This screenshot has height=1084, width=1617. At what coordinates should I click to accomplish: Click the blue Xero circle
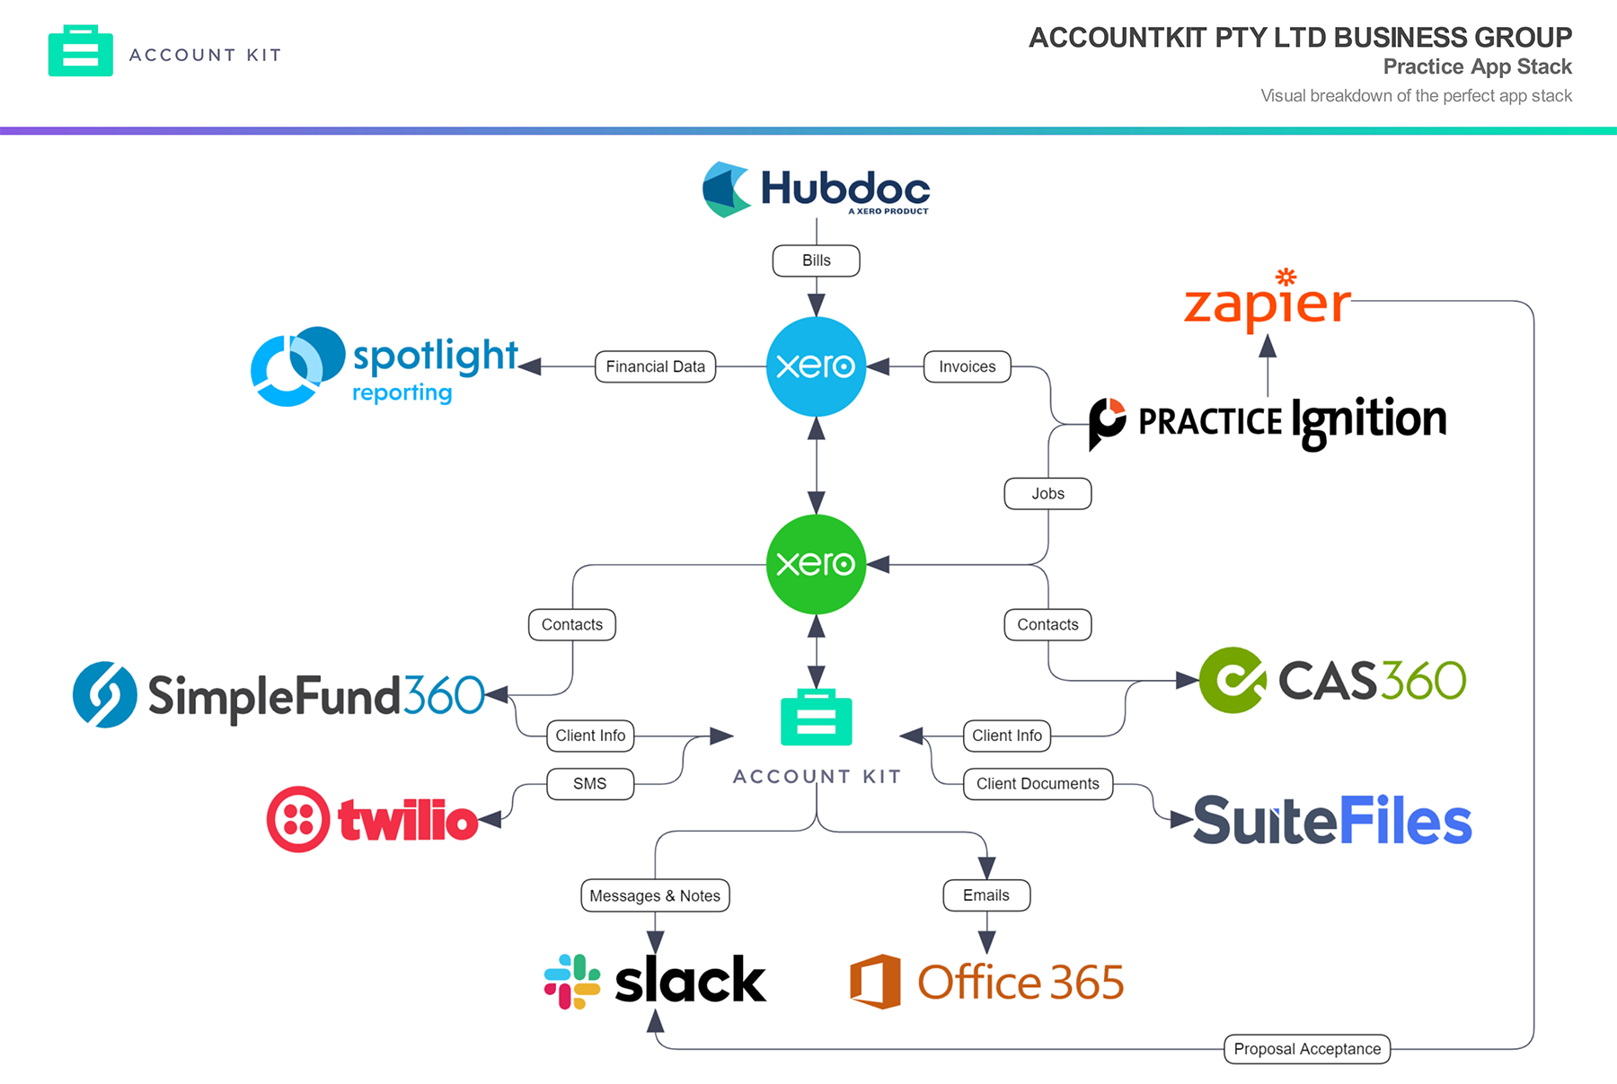coord(816,366)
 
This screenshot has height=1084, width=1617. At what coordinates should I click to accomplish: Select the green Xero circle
coord(816,564)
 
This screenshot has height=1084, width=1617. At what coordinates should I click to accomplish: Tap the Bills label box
coord(816,260)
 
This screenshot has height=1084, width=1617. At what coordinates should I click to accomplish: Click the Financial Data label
coord(655,366)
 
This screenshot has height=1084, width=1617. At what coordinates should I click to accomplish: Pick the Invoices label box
coord(967,366)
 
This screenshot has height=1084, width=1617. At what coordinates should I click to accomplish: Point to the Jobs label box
coord(1047,494)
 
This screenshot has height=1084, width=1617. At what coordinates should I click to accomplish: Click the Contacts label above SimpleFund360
coord(572,625)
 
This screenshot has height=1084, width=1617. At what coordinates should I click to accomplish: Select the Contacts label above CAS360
coord(1047,625)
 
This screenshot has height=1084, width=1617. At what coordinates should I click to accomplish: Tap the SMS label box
coord(590,784)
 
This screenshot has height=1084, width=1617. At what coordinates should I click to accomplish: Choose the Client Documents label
coord(1038,784)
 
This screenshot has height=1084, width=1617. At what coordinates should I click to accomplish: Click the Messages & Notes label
coord(655,896)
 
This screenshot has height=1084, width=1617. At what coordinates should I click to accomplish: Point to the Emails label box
coord(986,895)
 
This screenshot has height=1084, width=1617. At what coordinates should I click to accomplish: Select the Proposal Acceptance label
coord(1307,1049)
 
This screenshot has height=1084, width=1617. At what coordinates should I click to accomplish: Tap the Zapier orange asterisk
coord(1286,277)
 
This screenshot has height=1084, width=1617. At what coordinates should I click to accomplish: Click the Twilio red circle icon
coord(298,819)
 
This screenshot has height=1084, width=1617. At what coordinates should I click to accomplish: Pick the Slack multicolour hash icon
coord(572,981)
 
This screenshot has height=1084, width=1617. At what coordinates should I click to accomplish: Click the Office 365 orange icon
coord(875,982)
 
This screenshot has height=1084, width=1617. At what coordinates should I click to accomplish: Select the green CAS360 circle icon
coord(1233,680)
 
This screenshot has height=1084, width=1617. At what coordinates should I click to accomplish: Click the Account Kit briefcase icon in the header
coord(81,51)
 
